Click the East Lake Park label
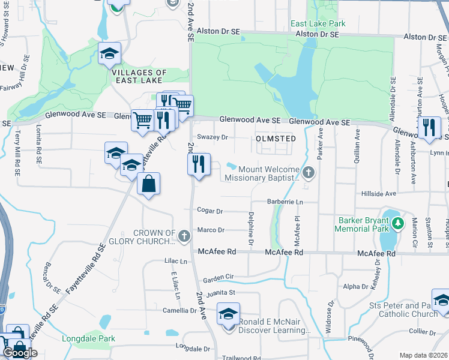tap(318, 24)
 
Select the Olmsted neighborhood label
tap(276, 139)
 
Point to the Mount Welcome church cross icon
tap(309, 173)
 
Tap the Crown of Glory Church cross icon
tap(184, 237)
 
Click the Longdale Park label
tap(88, 338)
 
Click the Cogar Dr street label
tap(210, 211)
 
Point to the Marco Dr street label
tap(211, 230)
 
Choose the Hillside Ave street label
tap(379, 194)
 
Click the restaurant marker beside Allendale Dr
tap(429, 128)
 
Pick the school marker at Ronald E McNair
tap(228, 314)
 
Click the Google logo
tap(20, 353)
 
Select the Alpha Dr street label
tap(355, 287)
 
